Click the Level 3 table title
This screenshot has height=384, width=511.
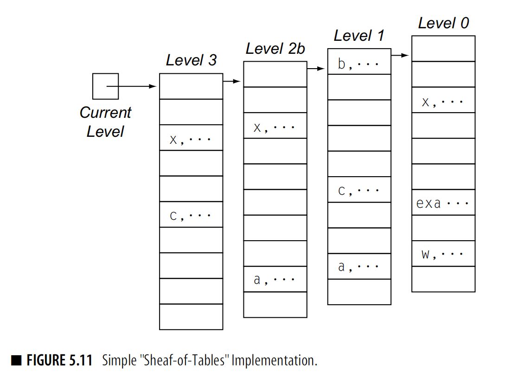click(x=191, y=60)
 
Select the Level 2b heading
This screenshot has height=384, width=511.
click(x=275, y=49)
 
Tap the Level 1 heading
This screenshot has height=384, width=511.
click(x=359, y=36)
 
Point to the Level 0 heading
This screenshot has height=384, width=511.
click(x=443, y=23)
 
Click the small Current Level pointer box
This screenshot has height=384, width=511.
click(x=105, y=86)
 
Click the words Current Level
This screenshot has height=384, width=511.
click(x=105, y=122)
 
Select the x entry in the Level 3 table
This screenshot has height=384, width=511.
click(x=191, y=139)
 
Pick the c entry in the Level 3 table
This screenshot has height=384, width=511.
click(x=191, y=215)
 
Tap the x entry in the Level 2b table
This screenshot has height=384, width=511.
click(x=275, y=127)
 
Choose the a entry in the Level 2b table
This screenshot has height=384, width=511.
click(x=275, y=280)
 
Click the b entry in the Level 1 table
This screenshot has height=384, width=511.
click(x=359, y=64)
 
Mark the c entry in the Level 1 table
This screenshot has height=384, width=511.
click(x=359, y=190)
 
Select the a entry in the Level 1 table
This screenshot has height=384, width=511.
click(x=359, y=267)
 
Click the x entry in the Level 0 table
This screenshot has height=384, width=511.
click(x=443, y=102)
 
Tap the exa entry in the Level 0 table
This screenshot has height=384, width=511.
click(x=443, y=203)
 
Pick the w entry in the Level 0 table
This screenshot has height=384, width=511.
click(x=443, y=254)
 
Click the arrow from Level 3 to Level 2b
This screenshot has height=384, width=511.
click(x=232, y=82)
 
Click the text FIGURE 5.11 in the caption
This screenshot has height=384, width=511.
click(x=59, y=360)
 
